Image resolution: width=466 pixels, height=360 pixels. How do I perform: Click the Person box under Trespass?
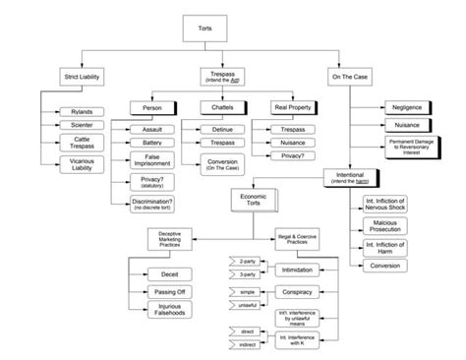pyautogui.click(x=152, y=106)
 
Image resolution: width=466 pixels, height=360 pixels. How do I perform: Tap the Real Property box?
pyautogui.click(x=293, y=106)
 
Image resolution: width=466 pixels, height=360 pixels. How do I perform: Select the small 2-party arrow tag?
pyautogui.click(x=241, y=261)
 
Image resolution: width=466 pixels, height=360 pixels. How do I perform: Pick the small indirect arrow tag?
pyautogui.click(x=241, y=345)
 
